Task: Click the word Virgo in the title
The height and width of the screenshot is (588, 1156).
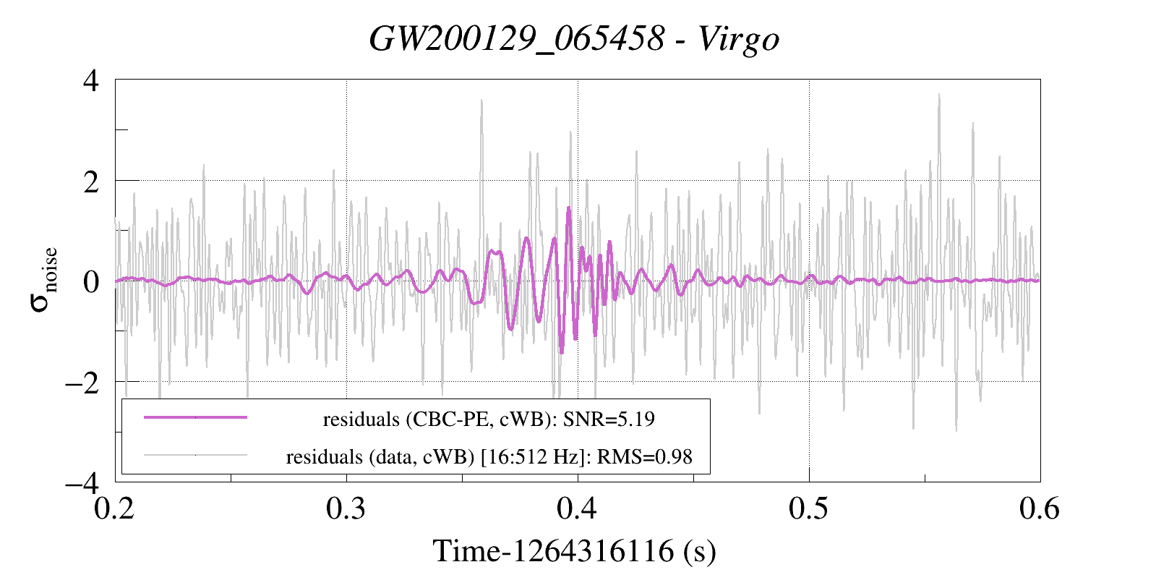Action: (x=739, y=39)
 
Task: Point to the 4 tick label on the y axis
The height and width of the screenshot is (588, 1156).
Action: (x=91, y=81)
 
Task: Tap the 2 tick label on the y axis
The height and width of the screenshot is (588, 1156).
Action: (x=91, y=182)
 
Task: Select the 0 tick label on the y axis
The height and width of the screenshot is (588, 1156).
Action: (x=91, y=282)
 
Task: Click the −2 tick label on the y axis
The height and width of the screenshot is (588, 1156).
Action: (x=82, y=383)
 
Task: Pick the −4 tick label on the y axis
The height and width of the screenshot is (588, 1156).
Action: (x=82, y=484)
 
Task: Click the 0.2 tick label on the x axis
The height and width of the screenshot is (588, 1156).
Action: (x=114, y=508)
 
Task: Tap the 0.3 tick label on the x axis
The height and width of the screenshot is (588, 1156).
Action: (x=346, y=508)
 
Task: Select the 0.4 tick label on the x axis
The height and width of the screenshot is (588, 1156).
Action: (x=577, y=508)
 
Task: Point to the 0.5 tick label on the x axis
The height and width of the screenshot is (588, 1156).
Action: (x=809, y=508)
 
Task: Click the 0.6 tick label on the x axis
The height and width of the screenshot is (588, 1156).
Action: (x=1040, y=508)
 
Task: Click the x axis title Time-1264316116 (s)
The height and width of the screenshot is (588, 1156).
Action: (x=575, y=551)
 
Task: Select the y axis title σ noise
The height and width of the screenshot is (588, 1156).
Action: (x=43, y=279)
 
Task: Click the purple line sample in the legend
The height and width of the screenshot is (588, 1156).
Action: (x=196, y=417)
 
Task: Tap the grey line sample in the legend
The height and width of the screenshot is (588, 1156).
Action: (x=196, y=455)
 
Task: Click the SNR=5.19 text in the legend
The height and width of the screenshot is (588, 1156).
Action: (x=609, y=419)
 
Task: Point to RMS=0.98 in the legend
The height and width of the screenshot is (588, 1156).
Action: (x=645, y=457)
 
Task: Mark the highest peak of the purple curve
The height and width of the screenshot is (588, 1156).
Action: (x=569, y=208)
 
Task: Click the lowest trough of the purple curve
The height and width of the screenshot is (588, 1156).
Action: (x=562, y=353)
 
